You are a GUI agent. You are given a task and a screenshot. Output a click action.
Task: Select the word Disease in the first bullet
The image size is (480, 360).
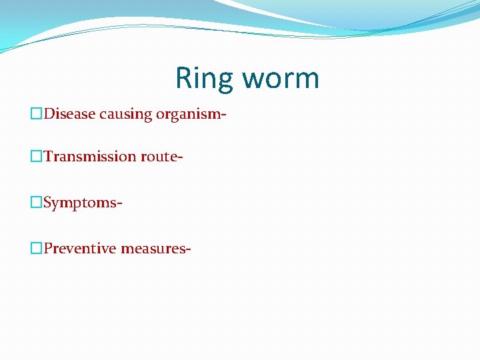coord(70,114)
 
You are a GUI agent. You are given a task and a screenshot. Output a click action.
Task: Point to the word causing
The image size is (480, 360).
coord(126,115)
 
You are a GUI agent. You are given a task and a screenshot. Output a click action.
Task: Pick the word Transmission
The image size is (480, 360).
coord(90,157)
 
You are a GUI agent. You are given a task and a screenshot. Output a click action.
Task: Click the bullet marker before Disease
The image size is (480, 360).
coord(37,114)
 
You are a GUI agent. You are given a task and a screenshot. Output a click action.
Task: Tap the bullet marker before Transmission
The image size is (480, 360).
coord(37,157)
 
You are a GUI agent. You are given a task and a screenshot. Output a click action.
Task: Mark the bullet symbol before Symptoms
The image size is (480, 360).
coord(37,202)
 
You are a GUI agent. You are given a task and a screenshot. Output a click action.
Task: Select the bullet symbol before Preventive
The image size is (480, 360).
coord(37,249)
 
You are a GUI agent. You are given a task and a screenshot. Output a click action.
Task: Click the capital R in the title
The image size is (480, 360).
coord(183,78)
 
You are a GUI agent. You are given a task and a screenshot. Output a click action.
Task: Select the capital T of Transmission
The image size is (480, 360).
coord(48,156)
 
